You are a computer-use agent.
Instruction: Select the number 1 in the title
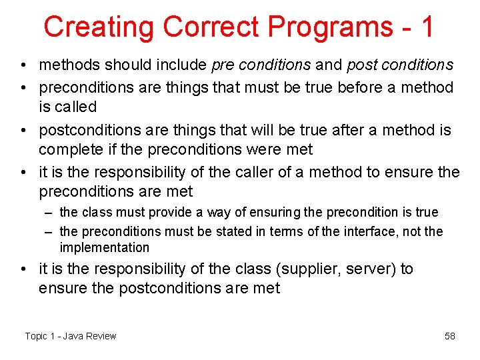pyautogui.click(x=427, y=27)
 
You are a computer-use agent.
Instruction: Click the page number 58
pyautogui.click(x=450, y=336)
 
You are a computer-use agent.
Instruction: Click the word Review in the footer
pyautogui.click(x=101, y=336)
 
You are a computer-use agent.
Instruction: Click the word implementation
pyautogui.click(x=105, y=247)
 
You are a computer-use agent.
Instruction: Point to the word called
pyautogui.click(x=75, y=107)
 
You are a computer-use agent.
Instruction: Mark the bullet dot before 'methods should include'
pyautogui.click(x=24, y=65)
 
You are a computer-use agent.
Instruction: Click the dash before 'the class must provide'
pyautogui.click(x=49, y=212)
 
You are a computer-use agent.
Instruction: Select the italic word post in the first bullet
pyautogui.click(x=359, y=65)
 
